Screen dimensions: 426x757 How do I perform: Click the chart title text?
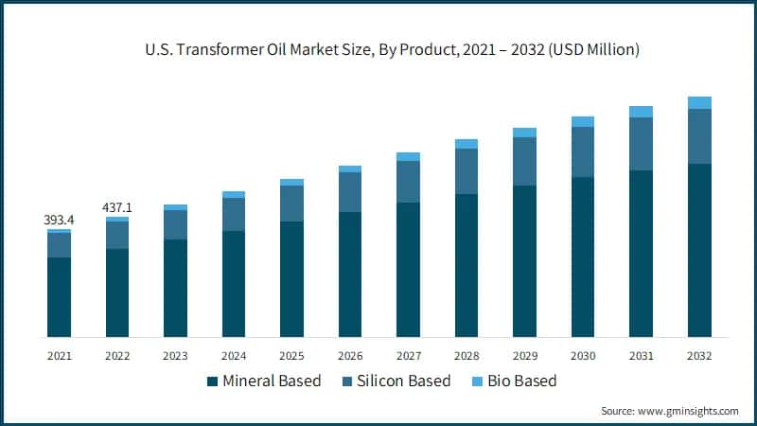pos(378,50)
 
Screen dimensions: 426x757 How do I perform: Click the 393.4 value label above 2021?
pos(59,220)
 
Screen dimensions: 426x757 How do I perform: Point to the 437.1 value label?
pos(117,206)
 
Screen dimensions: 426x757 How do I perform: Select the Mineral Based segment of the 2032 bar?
pos(699,250)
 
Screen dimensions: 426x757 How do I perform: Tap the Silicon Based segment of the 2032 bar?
pos(699,136)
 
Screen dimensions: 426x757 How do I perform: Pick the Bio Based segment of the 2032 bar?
pos(699,102)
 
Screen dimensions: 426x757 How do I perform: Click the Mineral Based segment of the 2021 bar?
pos(59,297)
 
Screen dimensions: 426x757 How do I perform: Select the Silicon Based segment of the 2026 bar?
pos(350,192)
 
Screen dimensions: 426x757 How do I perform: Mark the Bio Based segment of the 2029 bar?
pos(524,133)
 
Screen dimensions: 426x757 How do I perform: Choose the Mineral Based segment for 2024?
pos(234,284)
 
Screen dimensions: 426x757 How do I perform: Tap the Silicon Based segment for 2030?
pos(583,151)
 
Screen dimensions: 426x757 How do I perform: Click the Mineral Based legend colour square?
pos(212,382)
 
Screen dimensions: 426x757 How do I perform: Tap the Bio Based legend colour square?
pos(479,382)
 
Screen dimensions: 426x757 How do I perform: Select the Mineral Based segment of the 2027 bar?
pos(408,270)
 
